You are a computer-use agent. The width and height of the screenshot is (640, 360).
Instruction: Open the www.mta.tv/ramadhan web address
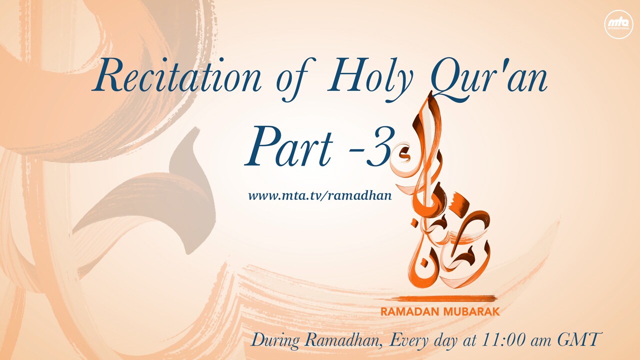coord(319,196)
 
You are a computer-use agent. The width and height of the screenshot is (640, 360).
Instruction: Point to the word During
coord(275,340)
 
